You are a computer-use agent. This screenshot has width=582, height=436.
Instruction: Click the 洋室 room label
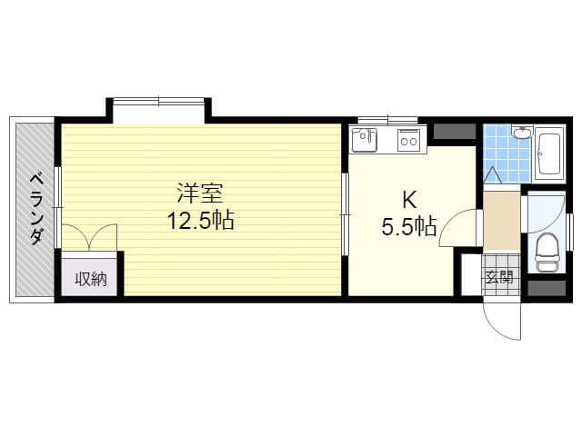(200, 193)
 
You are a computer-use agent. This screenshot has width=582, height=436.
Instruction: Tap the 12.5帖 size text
(200, 220)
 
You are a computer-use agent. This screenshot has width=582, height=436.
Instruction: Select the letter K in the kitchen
(409, 200)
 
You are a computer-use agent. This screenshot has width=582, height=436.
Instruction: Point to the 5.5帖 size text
(408, 226)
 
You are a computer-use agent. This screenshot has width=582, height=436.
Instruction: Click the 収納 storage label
(91, 279)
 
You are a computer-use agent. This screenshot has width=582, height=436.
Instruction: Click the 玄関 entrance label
(500, 276)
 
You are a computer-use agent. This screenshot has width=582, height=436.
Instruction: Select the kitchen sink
(365, 140)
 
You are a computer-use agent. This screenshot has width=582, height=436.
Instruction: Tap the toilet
(546, 253)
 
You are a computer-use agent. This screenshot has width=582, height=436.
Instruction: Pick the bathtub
(549, 154)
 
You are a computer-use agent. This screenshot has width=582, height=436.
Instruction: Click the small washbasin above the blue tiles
(523, 133)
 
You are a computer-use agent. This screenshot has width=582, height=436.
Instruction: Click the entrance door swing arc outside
(496, 328)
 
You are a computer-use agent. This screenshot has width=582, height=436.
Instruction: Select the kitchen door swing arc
(450, 223)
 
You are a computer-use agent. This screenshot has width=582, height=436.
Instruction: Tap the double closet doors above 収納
(89, 237)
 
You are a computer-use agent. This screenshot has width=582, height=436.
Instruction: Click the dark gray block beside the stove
(455, 132)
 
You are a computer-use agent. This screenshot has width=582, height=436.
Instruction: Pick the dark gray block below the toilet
(547, 288)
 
